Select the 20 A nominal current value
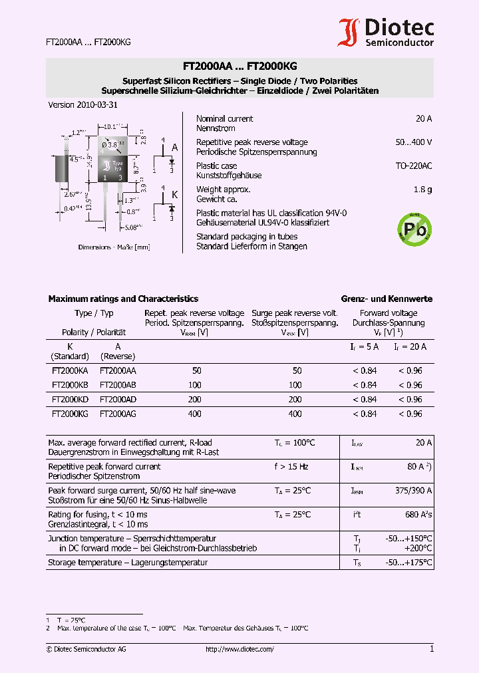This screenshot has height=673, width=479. click(424, 118)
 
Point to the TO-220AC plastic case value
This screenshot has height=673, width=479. click(414, 166)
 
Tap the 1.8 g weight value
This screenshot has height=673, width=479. click(422, 190)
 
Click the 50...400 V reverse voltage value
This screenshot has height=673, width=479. click(413, 142)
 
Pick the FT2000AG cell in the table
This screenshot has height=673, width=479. click(118, 414)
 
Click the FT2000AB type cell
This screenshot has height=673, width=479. click(118, 385)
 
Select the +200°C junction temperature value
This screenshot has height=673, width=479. click(418, 549)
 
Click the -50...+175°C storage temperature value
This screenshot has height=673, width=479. click(408, 563)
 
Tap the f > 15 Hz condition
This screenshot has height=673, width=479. click(291, 467)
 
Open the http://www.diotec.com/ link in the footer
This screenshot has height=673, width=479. click(239, 649)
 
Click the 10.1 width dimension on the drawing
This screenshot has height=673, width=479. click(110, 125)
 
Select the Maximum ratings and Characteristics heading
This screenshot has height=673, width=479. click(123, 299)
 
